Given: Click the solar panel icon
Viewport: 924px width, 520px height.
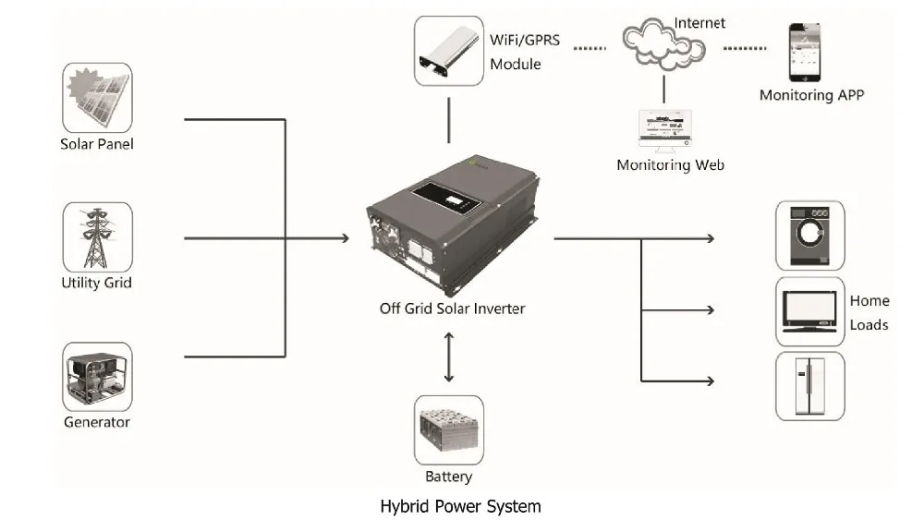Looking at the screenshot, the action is pos(97,98).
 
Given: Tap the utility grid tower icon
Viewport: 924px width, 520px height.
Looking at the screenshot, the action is pos(97,237).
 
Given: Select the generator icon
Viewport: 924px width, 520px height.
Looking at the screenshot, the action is pos(97,377).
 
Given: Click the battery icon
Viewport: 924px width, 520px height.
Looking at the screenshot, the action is pos(449,429).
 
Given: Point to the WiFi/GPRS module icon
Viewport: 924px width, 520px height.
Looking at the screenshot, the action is pos(449,51).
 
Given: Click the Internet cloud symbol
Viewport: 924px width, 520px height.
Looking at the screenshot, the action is pos(663,45).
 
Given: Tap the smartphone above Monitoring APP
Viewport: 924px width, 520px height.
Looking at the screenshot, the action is pos(805,53).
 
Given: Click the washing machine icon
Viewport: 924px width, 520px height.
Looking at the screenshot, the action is pos(810,236).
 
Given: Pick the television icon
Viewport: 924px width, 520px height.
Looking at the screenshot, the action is pos(810,311).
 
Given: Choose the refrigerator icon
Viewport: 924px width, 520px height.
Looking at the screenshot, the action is pos(810,386).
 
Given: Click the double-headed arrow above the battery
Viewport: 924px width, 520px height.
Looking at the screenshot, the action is pos(449,357).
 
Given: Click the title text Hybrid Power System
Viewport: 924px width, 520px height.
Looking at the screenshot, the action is pos(460,506).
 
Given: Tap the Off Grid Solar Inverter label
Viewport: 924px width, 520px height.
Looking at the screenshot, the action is pos(452,308).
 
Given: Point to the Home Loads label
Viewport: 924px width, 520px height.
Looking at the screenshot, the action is pos(869,313).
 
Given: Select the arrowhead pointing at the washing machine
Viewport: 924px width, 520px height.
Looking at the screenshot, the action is pos(711,238).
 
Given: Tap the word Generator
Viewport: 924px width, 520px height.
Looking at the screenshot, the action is pos(97,422).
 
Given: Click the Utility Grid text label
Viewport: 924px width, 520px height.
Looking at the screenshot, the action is pos(97,284).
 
